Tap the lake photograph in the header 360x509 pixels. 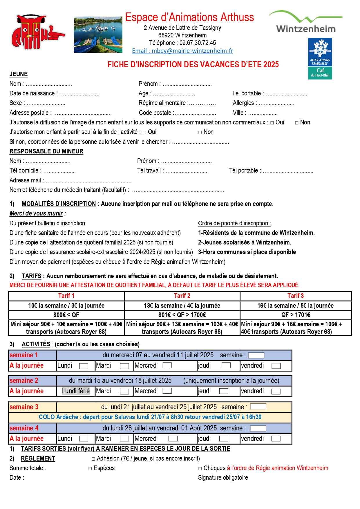click(98, 35)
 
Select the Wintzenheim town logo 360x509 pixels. click(306, 22)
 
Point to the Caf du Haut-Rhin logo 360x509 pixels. click(320, 59)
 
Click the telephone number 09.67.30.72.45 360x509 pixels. click(198, 43)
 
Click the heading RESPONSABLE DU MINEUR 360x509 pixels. click(46, 151)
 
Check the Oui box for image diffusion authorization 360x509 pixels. click(272, 123)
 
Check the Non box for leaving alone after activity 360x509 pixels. click(200, 133)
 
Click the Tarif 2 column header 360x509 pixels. click(182, 296)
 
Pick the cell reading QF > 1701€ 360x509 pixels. click(296, 315)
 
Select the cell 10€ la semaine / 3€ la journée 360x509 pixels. click(66, 306)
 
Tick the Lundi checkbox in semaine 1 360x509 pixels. click(84, 366)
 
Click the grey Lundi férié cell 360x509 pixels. click(76, 391)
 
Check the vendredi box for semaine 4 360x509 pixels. click(276, 439)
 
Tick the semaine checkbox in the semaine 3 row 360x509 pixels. click(258, 407)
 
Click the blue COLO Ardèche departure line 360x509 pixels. click(150, 417)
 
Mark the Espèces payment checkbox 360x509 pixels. click(91, 468)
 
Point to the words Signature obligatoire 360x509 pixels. click(223, 478)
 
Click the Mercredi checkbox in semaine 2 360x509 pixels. click(167, 391)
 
